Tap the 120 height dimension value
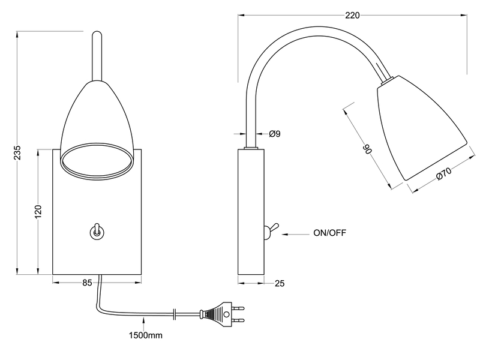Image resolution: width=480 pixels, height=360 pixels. [38, 211]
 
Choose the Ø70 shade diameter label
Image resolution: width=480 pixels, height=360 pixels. [443, 175]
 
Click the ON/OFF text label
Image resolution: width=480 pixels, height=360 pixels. [329, 232]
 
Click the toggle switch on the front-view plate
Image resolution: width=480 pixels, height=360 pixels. [95, 230]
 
